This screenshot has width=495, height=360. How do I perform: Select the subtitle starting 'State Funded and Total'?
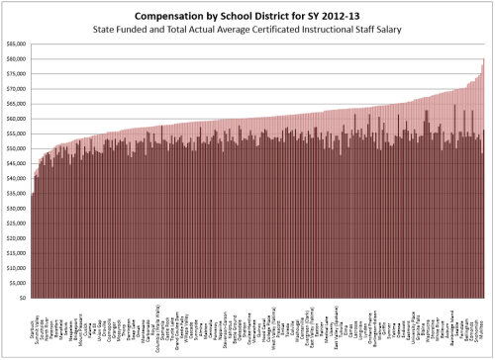point(247,31)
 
